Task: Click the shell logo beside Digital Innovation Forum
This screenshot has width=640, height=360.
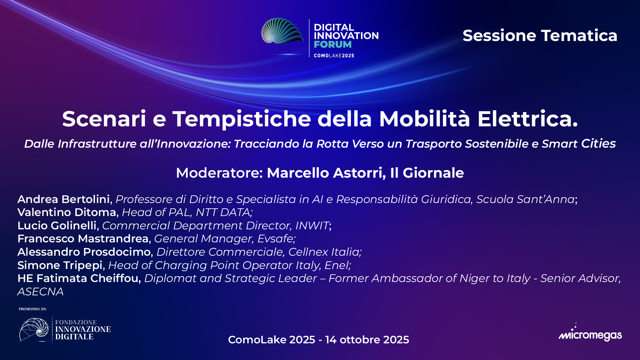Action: pyautogui.click(x=282, y=31)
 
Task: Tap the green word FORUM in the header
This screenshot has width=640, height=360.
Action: pyautogui.click(x=332, y=44)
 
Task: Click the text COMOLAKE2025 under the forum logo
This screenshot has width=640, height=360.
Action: pyautogui.click(x=334, y=56)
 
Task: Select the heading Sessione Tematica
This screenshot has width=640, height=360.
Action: pyautogui.click(x=540, y=36)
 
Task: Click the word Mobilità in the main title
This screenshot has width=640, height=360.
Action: pyautogui.click(x=424, y=119)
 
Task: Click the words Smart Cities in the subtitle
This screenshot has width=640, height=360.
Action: pyautogui.click(x=578, y=144)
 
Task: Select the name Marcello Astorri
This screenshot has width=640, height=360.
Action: pyautogui.click(x=326, y=173)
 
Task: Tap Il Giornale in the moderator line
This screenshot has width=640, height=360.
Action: pyautogui.click(x=427, y=173)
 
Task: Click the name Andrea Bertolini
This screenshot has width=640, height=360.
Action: pyautogui.click(x=64, y=199)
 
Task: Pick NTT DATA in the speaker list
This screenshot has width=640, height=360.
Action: pyautogui.click(x=223, y=212)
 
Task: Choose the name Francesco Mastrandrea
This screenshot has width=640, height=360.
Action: pyautogui.click(x=83, y=239)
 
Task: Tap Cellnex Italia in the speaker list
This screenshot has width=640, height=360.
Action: pyautogui.click(x=324, y=252)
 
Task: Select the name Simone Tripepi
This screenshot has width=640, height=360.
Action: pyautogui.click(x=60, y=265)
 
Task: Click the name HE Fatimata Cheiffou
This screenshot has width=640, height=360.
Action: pyautogui.click(x=79, y=278)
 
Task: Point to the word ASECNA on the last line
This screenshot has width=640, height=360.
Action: pyautogui.click(x=40, y=292)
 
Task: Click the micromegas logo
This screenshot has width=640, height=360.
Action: pyautogui.click(x=590, y=334)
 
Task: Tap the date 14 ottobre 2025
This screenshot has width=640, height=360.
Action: pyautogui.click(x=367, y=340)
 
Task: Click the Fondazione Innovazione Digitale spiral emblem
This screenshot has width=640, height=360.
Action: pyautogui.click(x=34, y=330)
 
